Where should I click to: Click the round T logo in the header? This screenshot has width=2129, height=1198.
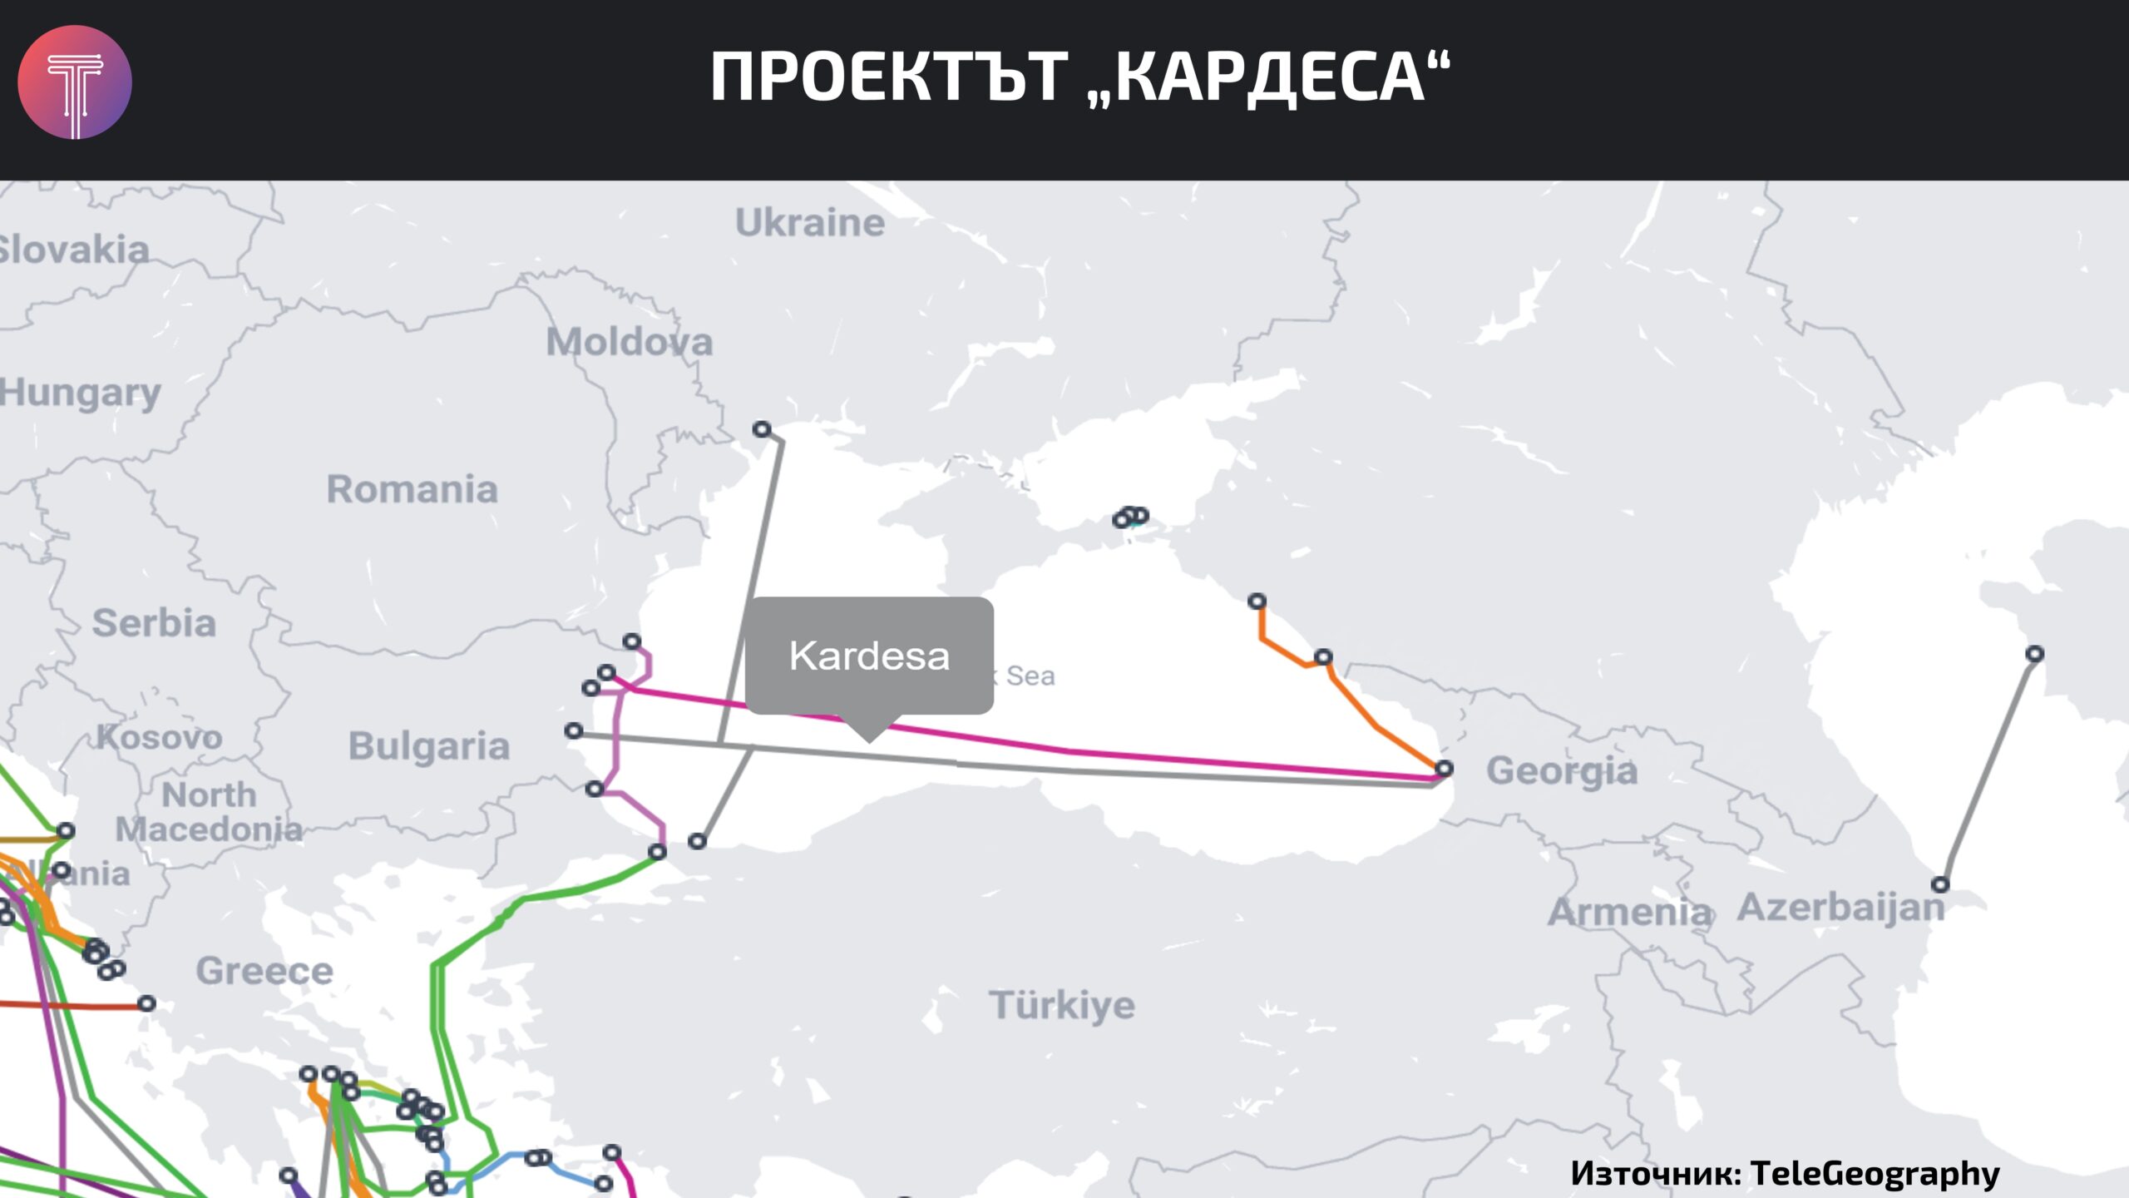[75, 82]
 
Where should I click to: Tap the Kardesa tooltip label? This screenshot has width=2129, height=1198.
[869, 656]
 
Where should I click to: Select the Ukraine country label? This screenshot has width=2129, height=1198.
[810, 223]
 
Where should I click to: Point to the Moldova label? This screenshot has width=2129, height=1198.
[630, 342]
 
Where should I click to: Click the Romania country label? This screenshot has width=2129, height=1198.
[412, 489]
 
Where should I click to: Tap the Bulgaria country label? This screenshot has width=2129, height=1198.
[429, 746]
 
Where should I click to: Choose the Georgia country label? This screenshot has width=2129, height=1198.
[1562, 770]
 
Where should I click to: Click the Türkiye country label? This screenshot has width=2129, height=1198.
[1062, 1005]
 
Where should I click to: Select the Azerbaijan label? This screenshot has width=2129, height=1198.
[1841, 907]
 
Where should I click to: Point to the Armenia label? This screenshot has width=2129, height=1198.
[1630, 913]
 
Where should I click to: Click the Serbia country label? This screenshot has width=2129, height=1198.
[154, 623]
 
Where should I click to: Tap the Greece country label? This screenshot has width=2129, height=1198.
[264, 971]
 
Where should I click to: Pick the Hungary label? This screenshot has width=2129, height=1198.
[81, 393]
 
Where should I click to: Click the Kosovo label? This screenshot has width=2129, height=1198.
[160, 737]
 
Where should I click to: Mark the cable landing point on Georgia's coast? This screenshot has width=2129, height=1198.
[1445, 768]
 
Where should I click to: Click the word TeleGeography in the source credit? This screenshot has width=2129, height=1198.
[1875, 1173]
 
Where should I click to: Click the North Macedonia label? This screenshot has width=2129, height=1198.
[209, 812]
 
